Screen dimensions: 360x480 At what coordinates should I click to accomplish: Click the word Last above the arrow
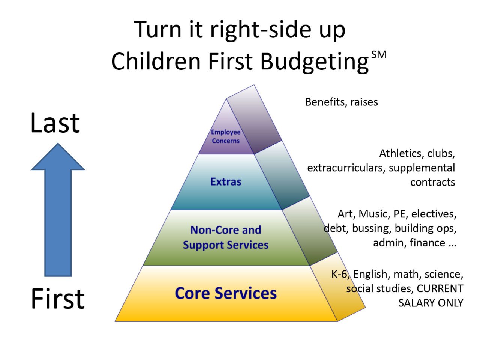[55, 123]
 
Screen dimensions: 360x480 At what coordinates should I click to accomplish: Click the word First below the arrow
[58, 299]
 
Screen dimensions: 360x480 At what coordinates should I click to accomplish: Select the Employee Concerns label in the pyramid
[225, 136]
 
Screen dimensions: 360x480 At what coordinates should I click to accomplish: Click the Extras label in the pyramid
[225, 182]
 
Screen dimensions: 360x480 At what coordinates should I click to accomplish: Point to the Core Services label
[225, 293]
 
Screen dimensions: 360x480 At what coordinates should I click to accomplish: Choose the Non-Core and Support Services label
[225, 237]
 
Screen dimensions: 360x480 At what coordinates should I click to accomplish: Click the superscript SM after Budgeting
[379, 55]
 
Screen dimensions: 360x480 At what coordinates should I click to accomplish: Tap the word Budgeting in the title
[315, 61]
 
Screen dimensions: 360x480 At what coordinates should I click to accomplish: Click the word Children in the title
[156, 61]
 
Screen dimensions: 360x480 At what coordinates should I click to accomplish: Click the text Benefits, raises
[341, 102]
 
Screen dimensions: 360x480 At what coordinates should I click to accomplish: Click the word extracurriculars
[346, 168]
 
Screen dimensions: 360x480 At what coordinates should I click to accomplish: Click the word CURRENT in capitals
[440, 289]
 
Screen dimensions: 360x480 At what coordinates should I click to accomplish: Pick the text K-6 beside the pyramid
[339, 274]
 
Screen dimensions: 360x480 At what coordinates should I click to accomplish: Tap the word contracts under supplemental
[432, 183]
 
